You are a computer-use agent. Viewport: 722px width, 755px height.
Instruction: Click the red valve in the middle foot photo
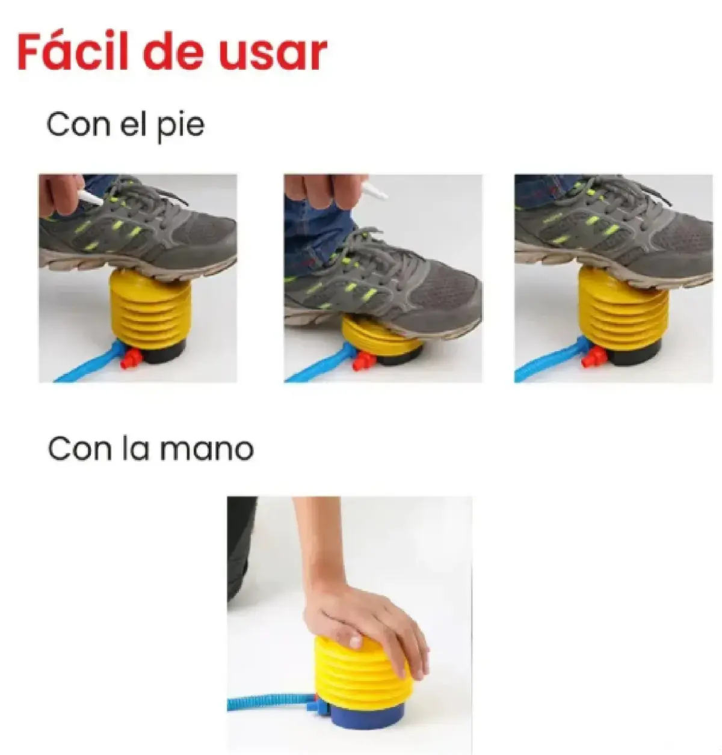(x=362, y=361)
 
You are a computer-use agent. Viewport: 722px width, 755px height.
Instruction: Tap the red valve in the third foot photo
(x=591, y=355)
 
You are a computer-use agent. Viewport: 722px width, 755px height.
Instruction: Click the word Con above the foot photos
(x=78, y=124)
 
